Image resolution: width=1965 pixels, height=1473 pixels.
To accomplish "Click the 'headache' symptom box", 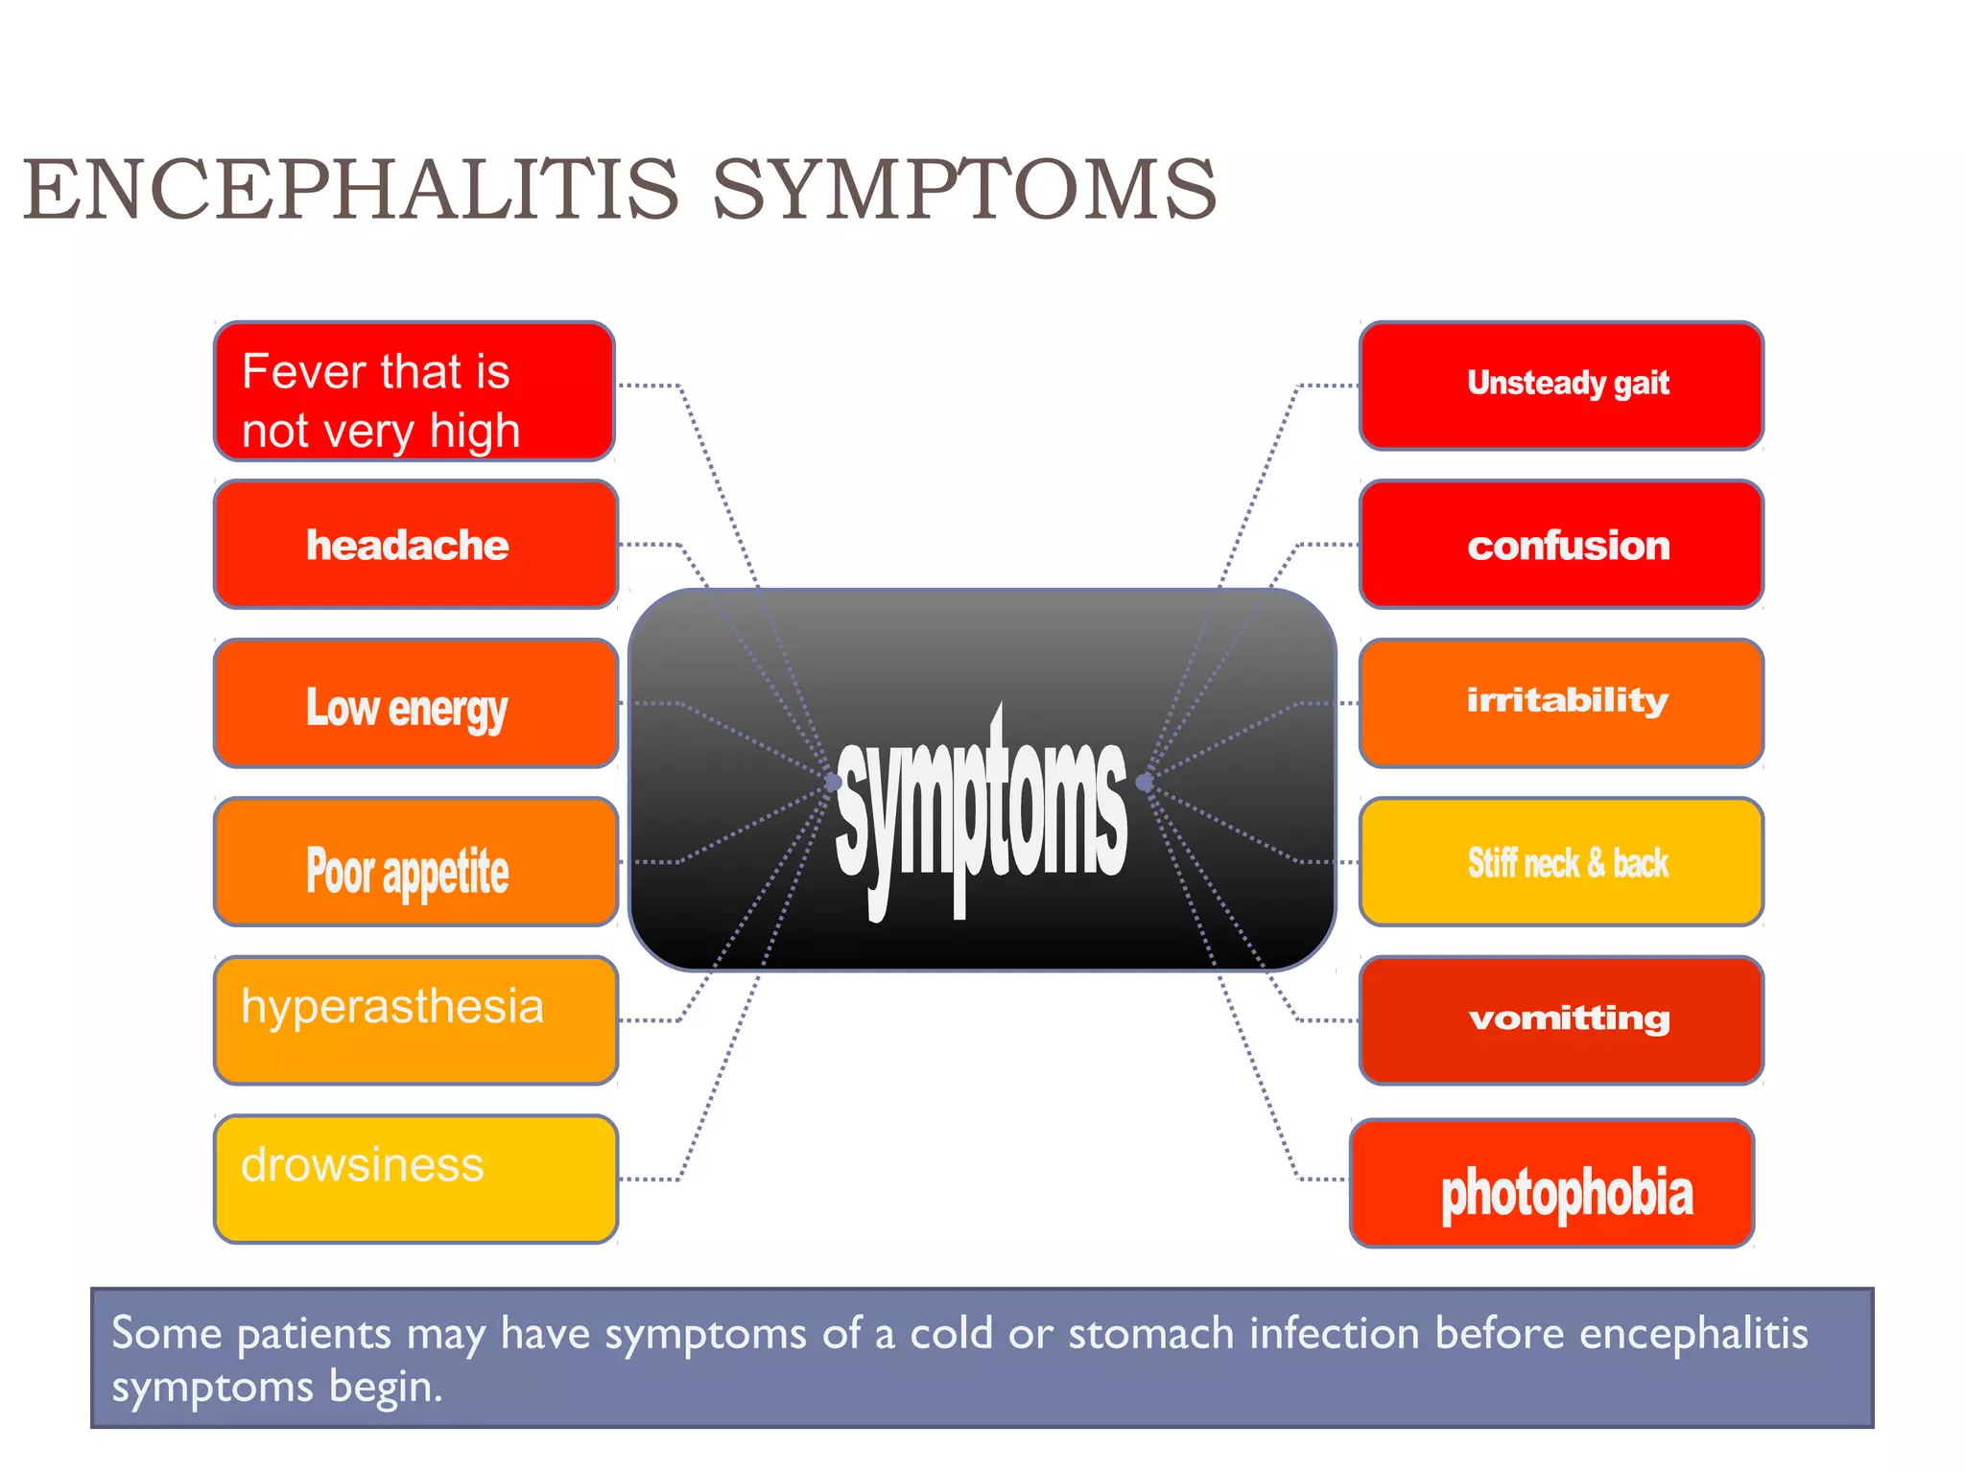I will pyautogui.click(x=415, y=545).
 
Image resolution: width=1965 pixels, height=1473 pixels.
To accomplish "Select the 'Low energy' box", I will pyautogui.click(x=415, y=704).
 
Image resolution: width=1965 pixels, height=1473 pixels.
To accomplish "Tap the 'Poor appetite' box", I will pyautogui.click(x=415, y=862).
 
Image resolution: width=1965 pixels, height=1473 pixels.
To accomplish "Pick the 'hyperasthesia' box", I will pyautogui.click(x=415, y=1020).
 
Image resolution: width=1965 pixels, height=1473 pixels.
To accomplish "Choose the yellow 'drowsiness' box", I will pyautogui.click(x=415, y=1179).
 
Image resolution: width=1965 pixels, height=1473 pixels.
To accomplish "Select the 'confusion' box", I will pyautogui.click(x=1561, y=545).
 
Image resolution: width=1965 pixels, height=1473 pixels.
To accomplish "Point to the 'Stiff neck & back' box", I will pyautogui.click(x=1561, y=862).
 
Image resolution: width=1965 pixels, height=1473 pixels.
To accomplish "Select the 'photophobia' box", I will pyautogui.click(x=1551, y=1183).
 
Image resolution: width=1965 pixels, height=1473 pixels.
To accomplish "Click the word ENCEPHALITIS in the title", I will pyautogui.click(x=351, y=190).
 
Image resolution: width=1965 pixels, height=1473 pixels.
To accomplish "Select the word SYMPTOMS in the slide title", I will pyautogui.click(x=963, y=190).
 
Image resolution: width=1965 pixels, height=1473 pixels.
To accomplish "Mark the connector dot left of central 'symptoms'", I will pyautogui.click(x=833, y=783).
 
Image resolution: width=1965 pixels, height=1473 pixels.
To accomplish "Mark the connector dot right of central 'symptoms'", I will pyautogui.click(x=1144, y=783).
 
